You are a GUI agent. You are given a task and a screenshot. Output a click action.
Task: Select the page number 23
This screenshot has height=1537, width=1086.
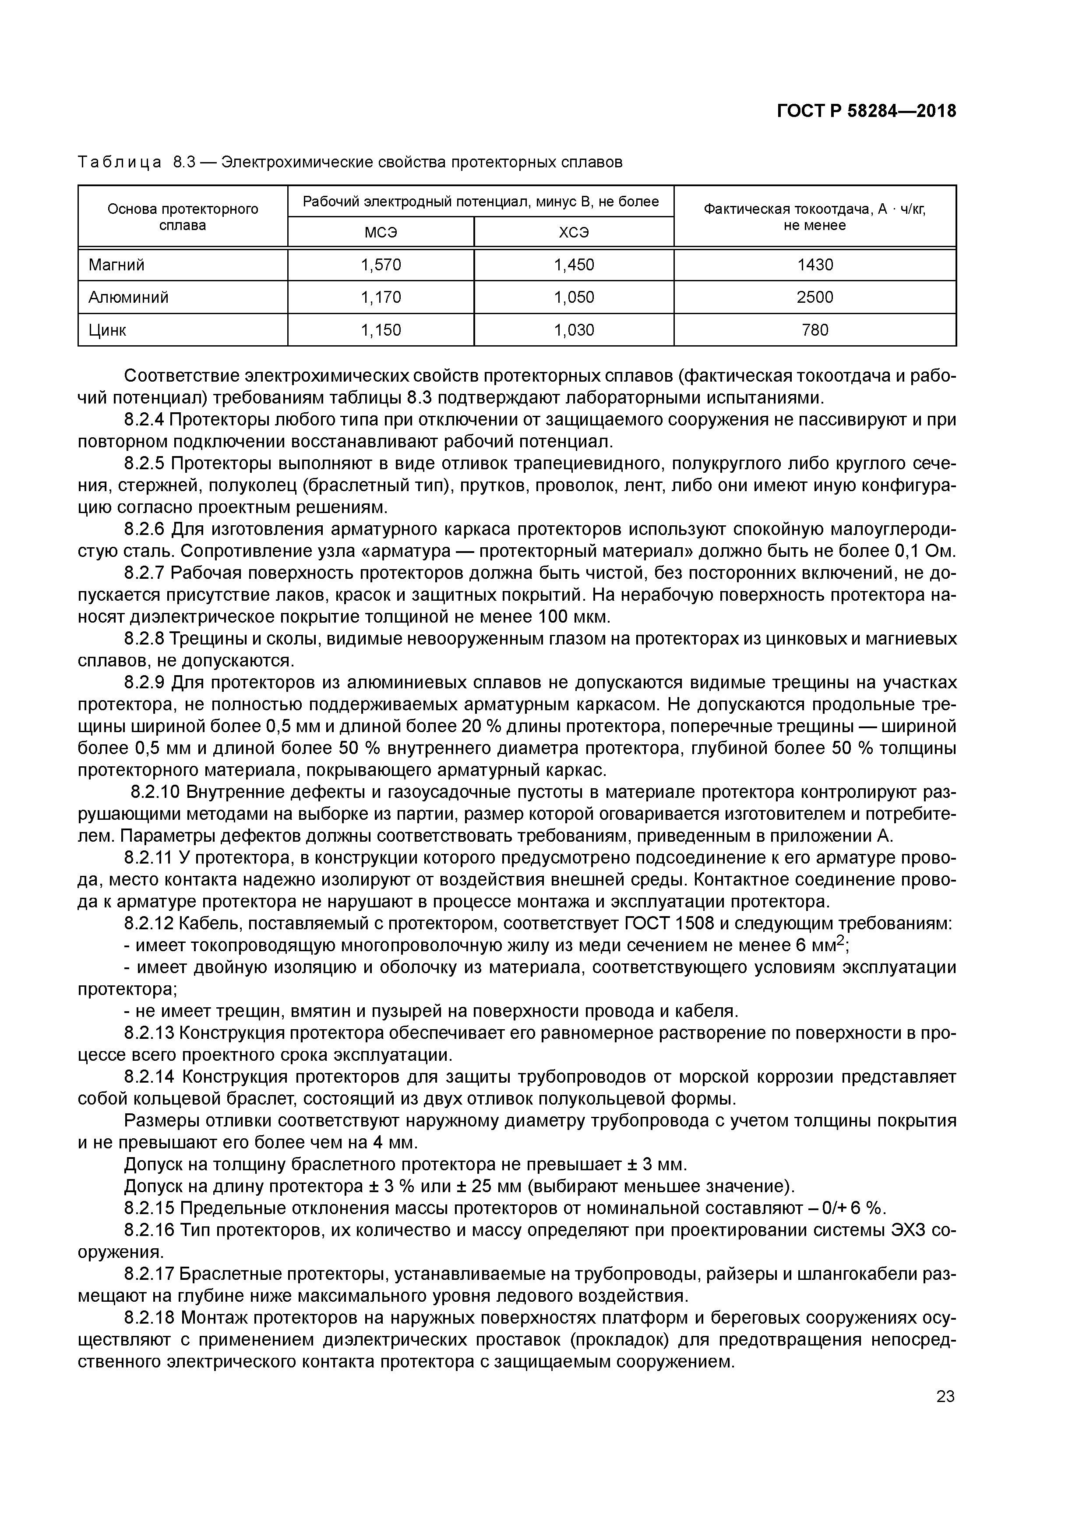[x=945, y=1396]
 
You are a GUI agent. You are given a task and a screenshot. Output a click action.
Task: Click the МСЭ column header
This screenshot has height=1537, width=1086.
[x=381, y=233]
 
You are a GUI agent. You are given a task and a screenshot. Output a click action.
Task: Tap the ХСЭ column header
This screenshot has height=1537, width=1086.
[x=574, y=233]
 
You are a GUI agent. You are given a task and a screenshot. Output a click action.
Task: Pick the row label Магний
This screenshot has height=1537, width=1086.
[x=116, y=265]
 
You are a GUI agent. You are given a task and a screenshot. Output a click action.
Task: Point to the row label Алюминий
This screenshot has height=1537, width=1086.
[x=128, y=297]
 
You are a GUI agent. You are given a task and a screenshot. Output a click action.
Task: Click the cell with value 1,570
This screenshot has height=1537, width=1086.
[x=381, y=265]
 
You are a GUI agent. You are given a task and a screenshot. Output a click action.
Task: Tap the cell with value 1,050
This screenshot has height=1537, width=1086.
[x=574, y=297]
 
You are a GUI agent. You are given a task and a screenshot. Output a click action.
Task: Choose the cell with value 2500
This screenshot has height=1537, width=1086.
[x=814, y=297]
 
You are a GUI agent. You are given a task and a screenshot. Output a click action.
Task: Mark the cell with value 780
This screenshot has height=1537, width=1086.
[x=814, y=330]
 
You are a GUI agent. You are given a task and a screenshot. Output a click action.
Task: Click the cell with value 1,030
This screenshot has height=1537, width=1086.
[x=574, y=330]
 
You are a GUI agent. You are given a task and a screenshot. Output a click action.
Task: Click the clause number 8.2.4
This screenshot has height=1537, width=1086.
[x=144, y=420]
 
